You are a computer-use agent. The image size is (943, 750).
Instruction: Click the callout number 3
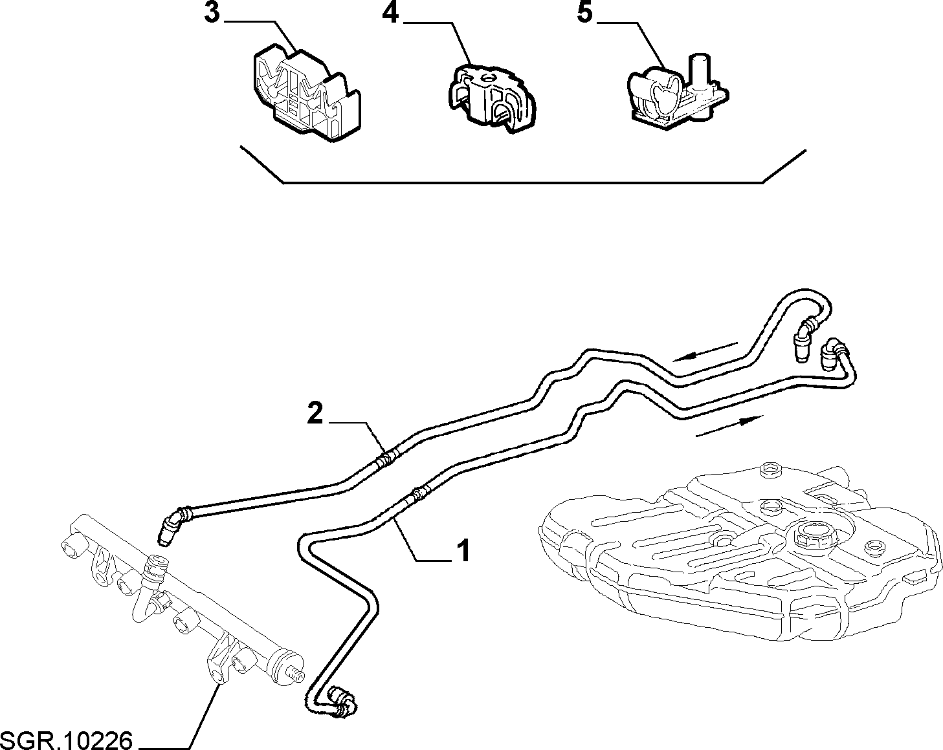pos(212,13)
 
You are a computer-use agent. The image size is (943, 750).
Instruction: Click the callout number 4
pos(390,13)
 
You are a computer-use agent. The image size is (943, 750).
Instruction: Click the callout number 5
pos(584,13)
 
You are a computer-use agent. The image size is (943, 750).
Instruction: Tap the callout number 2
pos(315,413)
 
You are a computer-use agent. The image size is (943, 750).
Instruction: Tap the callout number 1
pos(463,550)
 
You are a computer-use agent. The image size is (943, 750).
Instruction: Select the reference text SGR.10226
pos(66,740)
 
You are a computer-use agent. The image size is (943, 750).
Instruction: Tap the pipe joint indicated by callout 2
pos(386,460)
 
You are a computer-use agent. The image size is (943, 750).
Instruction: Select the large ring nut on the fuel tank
pos(804,537)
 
